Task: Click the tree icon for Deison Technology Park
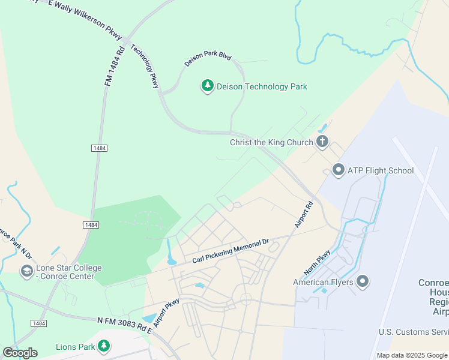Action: (x=208, y=86)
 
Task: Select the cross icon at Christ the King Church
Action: (x=322, y=142)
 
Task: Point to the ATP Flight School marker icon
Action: (x=338, y=170)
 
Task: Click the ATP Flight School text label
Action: (x=381, y=170)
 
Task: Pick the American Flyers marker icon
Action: (x=362, y=281)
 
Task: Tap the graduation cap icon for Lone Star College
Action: (x=26, y=272)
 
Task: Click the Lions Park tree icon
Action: (x=104, y=346)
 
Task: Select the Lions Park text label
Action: (x=76, y=346)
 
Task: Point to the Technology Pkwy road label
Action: (x=145, y=67)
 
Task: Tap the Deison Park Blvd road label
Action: (x=208, y=58)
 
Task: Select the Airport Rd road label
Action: (x=304, y=214)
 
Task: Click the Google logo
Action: (x=20, y=352)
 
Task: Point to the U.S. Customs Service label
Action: (x=413, y=332)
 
